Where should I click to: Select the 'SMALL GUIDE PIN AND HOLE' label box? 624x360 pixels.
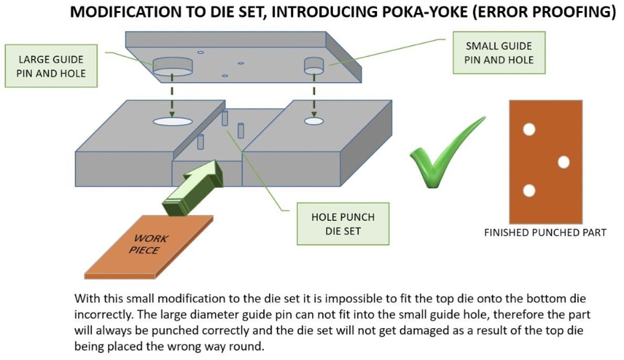[x=499, y=53]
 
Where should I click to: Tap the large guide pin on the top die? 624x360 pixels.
[x=173, y=66]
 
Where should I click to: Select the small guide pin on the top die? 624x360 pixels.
[x=315, y=64]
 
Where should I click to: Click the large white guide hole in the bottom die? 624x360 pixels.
[x=173, y=121]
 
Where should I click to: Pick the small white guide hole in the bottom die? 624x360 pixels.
[x=314, y=121]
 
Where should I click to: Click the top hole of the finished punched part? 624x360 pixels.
[x=529, y=129]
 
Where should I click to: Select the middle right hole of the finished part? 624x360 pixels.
[x=564, y=162]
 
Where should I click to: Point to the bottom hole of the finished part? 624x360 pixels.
[x=529, y=191]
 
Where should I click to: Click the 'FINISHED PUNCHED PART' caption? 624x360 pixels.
[x=545, y=232]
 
